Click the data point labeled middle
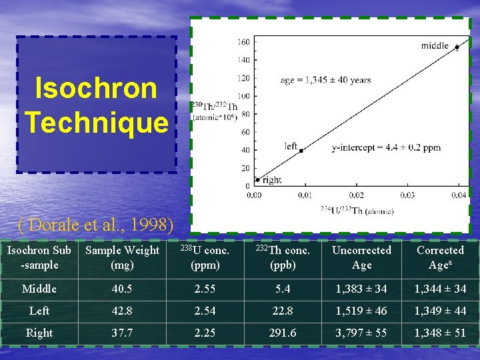tap(457, 47)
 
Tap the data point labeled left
tap(301, 151)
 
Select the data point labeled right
tap(257, 179)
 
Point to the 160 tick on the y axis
tap(243, 42)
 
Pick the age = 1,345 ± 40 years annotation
tap(325, 80)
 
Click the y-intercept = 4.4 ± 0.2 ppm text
tap(386, 148)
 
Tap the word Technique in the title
tap(97, 122)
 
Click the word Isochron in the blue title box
tap(96, 88)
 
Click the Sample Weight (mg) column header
tap(122, 257)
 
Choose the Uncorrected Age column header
tap(361, 257)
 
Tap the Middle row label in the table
tap(39, 289)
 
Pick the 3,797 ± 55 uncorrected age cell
tap(361, 333)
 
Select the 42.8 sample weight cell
tap(122, 311)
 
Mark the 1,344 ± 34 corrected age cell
tap(440, 289)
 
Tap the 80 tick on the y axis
tap(245, 114)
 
